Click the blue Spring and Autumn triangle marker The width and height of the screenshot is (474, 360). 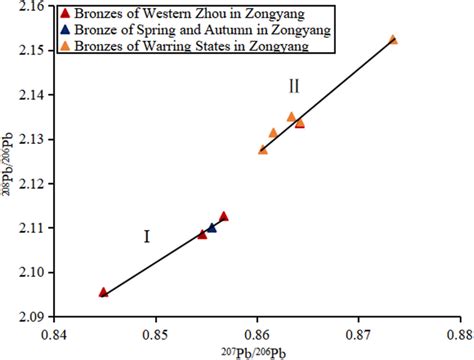pyautogui.click(x=211, y=228)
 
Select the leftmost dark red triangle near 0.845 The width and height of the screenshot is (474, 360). pyautogui.click(x=104, y=292)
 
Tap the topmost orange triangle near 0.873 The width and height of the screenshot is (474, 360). pyautogui.click(x=393, y=39)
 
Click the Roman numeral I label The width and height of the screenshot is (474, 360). pyautogui.click(x=146, y=237)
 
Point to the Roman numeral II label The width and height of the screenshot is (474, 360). pyautogui.click(x=294, y=86)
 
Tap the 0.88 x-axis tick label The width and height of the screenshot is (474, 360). pyautogui.click(x=458, y=334)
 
